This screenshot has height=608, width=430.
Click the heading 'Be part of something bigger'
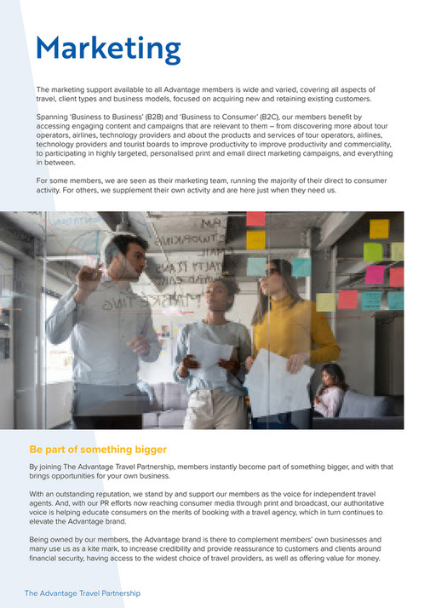(x=98, y=450)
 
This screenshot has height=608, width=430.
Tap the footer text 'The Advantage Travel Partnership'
(x=82, y=594)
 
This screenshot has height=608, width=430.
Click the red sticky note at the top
(x=255, y=218)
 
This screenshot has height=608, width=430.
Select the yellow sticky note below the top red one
(x=255, y=240)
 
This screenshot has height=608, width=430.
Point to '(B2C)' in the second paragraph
(x=302, y=116)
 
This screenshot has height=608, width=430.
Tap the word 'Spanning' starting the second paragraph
(x=54, y=116)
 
